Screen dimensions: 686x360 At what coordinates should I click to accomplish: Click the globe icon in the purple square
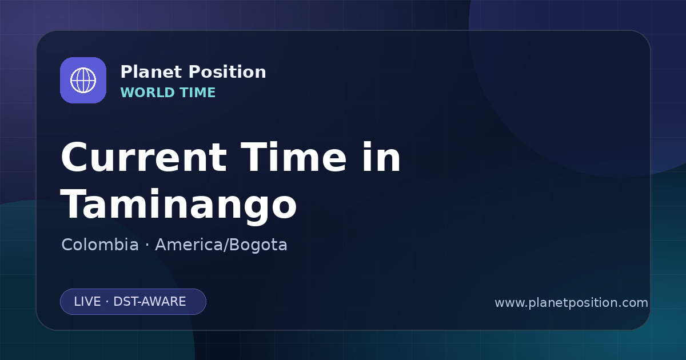point(83,80)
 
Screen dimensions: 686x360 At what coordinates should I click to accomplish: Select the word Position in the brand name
point(228,71)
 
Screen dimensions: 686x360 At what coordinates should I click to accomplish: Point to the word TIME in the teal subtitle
point(198,93)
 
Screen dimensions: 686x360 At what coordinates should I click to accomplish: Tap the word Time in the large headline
point(293,157)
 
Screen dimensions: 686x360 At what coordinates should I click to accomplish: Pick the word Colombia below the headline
point(100,245)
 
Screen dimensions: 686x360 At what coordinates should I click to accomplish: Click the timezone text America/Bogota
point(221,245)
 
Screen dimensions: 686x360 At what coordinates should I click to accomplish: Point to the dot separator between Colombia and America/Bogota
point(147,245)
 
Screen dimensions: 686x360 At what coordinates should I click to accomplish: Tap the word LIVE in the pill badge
point(87,302)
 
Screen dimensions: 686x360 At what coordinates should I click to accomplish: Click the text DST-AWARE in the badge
point(149,302)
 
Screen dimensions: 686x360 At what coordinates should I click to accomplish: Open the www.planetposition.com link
point(571,303)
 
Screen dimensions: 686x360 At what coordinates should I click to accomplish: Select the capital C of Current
point(75,157)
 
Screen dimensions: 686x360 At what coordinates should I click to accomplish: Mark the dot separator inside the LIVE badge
point(107,302)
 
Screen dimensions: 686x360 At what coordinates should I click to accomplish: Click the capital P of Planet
point(127,71)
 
